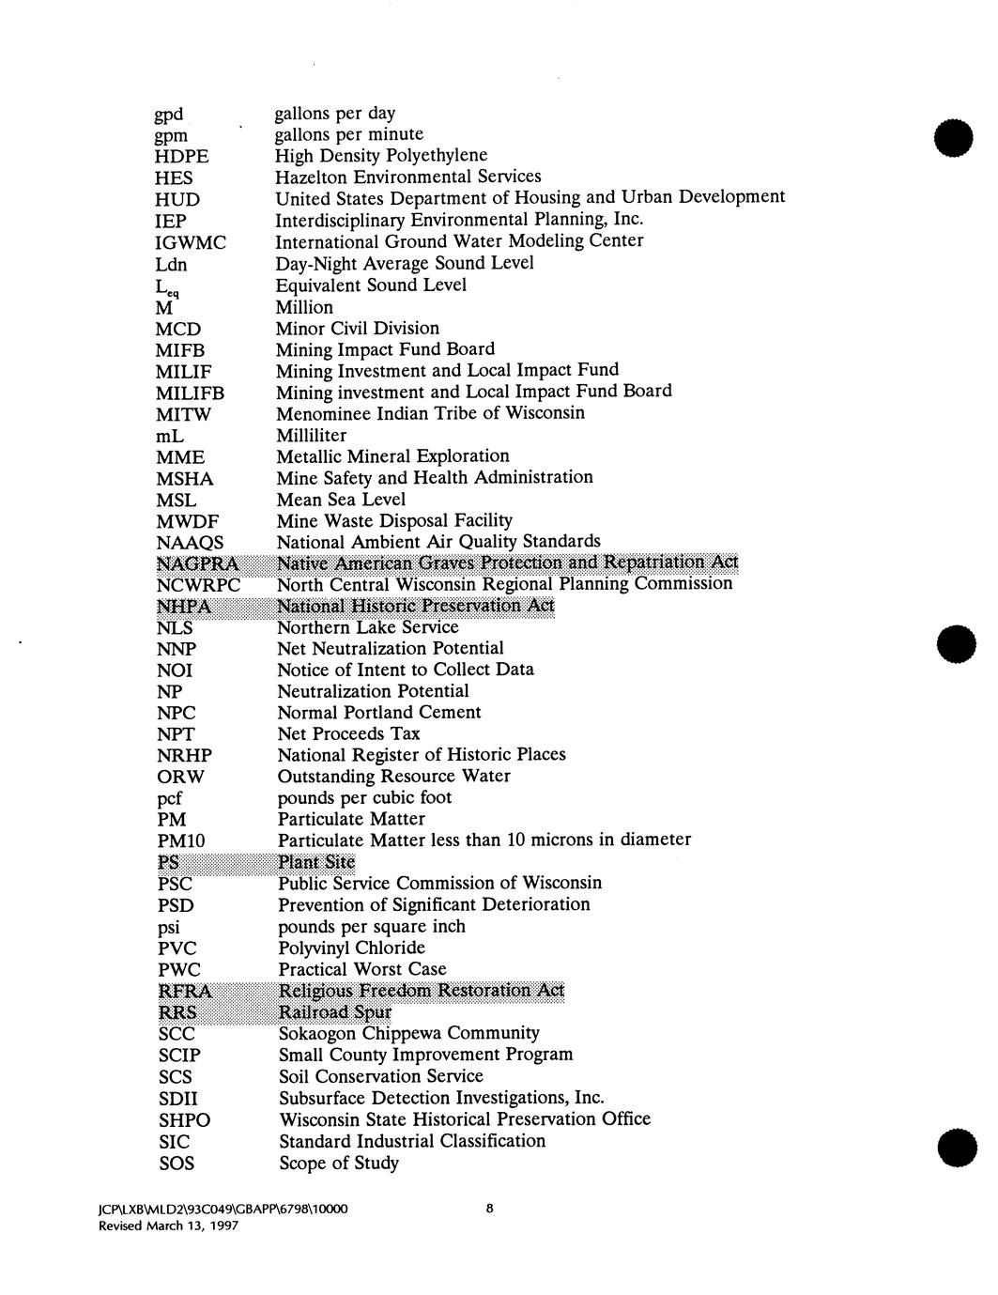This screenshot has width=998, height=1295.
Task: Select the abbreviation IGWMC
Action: (x=191, y=243)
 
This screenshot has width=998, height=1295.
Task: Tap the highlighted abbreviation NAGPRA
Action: (x=198, y=563)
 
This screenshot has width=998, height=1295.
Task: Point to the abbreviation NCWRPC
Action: (x=199, y=585)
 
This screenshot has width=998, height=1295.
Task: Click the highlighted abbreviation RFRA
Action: (x=185, y=992)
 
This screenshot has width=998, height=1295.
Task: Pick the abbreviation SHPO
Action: (x=184, y=1120)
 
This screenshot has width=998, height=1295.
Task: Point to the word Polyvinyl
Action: (x=315, y=948)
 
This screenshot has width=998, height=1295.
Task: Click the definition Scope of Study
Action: (x=339, y=1164)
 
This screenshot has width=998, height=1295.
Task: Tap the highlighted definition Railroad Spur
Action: (x=335, y=1012)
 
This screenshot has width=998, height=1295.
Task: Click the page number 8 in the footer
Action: (x=489, y=1210)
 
